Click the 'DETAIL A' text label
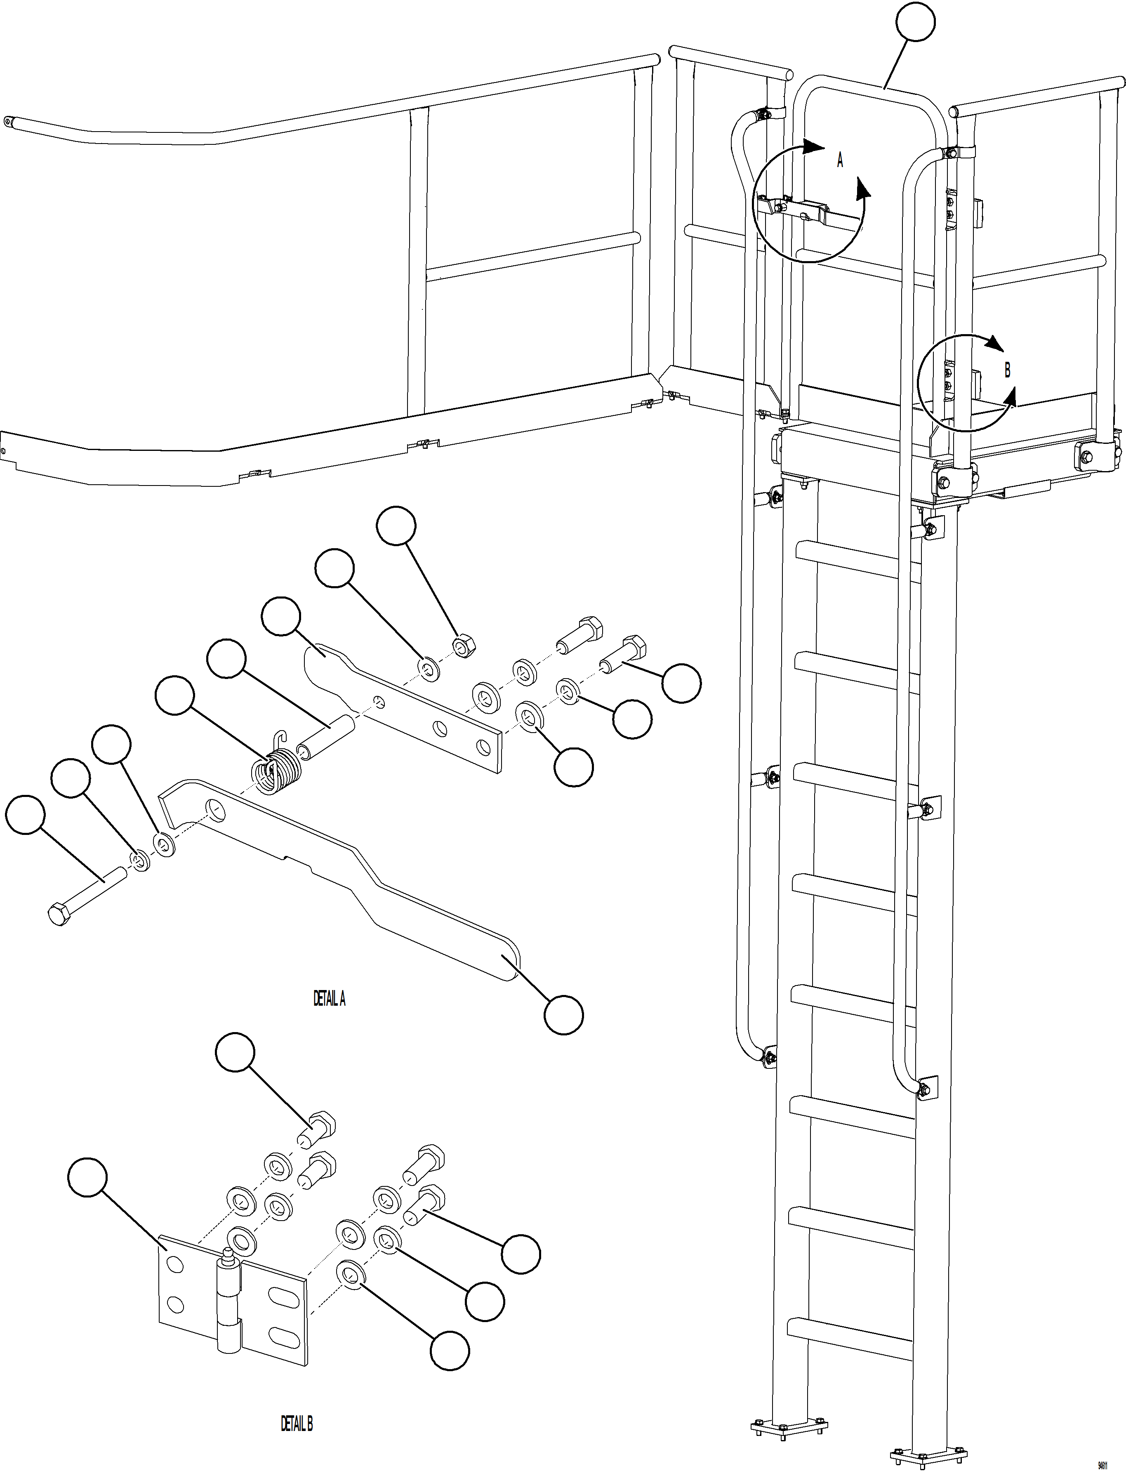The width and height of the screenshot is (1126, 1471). tap(329, 999)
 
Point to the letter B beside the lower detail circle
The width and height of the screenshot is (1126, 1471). tap(1007, 370)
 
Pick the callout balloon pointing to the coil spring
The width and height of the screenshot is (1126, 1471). tap(174, 695)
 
